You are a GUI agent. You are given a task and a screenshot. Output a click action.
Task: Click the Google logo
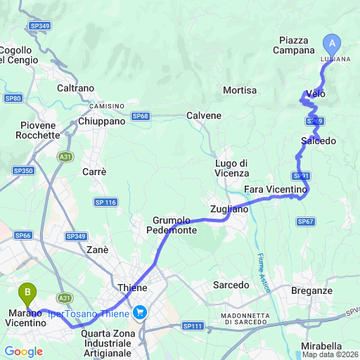click(x=23, y=352)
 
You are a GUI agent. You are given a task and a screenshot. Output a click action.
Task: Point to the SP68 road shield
click(x=141, y=116)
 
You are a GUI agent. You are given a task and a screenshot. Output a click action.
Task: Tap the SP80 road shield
click(x=13, y=98)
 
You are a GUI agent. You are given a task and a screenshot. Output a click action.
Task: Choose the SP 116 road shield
click(x=105, y=202)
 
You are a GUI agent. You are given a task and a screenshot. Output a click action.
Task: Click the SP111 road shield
click(x=192, y=326)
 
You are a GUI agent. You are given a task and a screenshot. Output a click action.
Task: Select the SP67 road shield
click(x=305, y=221)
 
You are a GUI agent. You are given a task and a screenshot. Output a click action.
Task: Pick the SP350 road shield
click(x=23, y=171)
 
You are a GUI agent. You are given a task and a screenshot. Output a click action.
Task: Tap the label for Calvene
click(x=204, y=115)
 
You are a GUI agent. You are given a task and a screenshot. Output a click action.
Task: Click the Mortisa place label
click(x=239, y=91)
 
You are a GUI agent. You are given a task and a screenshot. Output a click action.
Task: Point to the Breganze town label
click(x=311, y=290)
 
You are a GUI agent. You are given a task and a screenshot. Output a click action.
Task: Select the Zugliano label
click(x=229, y=210)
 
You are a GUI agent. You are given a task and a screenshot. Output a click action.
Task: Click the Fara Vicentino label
click(x=276, y=190)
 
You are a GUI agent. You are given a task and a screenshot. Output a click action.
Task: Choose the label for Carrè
click(x=94, y=172)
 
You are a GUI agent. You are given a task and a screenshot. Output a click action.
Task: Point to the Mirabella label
click(x=321, y=346)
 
